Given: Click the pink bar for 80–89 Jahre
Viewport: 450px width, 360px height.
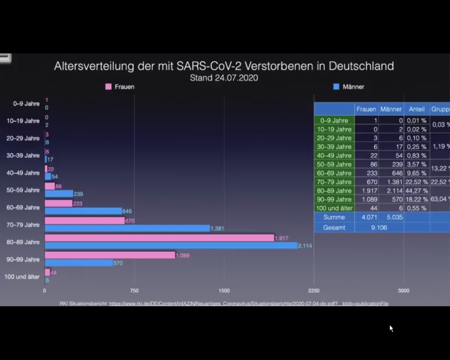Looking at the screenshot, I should point(159,238).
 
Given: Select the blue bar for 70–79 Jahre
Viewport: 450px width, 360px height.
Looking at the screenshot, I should point(127,228).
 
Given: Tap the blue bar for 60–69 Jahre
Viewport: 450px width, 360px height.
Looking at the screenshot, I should point(83,211).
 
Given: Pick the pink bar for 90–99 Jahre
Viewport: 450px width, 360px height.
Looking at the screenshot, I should point(110,255).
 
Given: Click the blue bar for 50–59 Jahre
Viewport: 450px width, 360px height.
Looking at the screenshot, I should point(59,194).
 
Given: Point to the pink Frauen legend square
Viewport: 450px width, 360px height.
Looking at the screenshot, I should point(108,87).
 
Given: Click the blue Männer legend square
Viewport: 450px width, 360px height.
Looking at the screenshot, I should point(336,87).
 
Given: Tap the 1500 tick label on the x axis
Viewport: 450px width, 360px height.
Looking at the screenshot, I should point(224,291).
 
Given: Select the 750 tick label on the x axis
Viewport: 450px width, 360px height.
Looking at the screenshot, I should point(134,291).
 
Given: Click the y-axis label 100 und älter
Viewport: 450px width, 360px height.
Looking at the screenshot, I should point(22,277).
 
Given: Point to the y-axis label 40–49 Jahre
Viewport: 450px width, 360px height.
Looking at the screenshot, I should point(23,173).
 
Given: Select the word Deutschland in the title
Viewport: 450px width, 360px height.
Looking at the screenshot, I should point(361,66).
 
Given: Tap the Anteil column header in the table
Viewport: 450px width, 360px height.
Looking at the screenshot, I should point(417,109).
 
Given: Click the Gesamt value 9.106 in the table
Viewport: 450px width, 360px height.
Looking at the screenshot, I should point(379,227).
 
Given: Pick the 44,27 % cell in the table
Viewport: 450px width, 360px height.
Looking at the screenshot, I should point(417,191).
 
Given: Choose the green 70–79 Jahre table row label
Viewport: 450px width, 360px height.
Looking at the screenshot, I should point(334,182).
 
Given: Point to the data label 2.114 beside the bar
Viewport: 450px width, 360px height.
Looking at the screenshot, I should point(305,246).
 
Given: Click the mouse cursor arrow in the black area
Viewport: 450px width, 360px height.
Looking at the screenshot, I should point(391,328).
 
